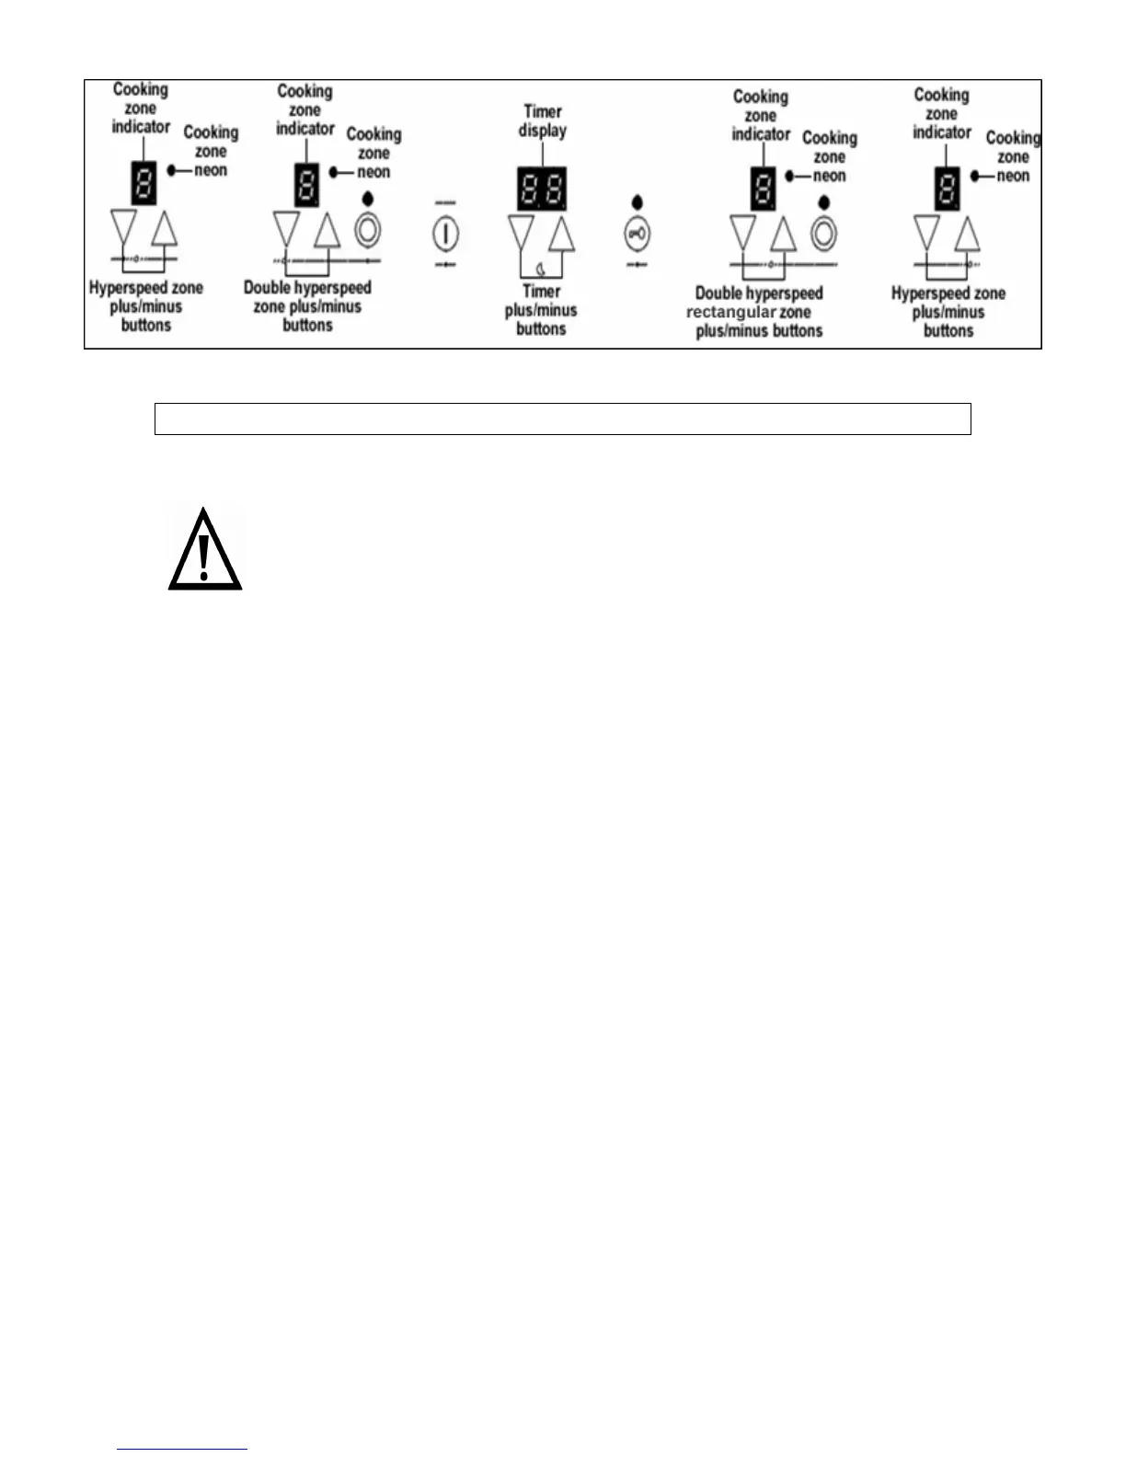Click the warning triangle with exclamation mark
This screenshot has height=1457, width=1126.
[204, 550]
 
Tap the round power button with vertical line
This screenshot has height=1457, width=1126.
[445, 233]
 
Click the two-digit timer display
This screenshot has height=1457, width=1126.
[541, 189]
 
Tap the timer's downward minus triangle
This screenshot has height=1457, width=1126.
[521, 232]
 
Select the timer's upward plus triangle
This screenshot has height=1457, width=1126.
[561, 234]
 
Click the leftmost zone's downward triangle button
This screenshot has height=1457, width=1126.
[122, 226]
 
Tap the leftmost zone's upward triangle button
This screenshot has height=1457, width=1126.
[164, 228]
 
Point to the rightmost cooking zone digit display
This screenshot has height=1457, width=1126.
[948, 189]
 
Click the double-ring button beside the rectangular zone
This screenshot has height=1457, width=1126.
[823, 233]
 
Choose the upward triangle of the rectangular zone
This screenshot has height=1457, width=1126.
[783, 234]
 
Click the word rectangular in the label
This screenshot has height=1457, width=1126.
[730, 313]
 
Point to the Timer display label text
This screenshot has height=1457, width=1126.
[543, 121]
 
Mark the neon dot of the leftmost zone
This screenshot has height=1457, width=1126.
[173, 170]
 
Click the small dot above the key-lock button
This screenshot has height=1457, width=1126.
[637, 203]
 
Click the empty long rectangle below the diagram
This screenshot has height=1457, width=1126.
[562, 419]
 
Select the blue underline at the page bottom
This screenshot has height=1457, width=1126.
[182, 1449]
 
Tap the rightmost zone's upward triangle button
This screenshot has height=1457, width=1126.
[967, 234]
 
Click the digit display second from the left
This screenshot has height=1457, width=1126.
[306, 185]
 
